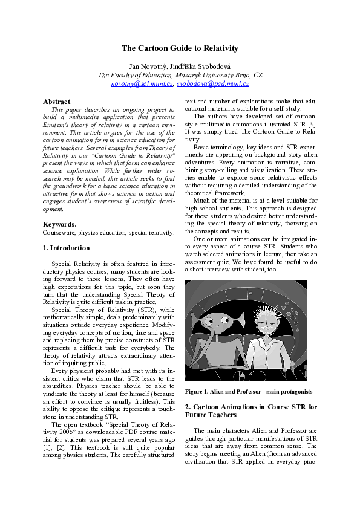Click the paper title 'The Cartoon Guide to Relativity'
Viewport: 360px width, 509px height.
pyautogui.click(x=180, y=48)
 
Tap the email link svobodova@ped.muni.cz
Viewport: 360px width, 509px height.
pyautogui.click(x=213, y=84)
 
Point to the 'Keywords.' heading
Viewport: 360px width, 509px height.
pyautogui.click(x=59, y=224)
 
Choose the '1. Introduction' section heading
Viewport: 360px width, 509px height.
pyautogui.click(x=67, y=248)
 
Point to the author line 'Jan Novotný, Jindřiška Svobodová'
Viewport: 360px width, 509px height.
pyautogui.click(x=180, y=65)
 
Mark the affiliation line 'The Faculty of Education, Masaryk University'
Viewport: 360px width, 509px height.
pyautogui.click(x=180, y=75)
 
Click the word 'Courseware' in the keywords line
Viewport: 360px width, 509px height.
pyautogui.click(x=59, y=232)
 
